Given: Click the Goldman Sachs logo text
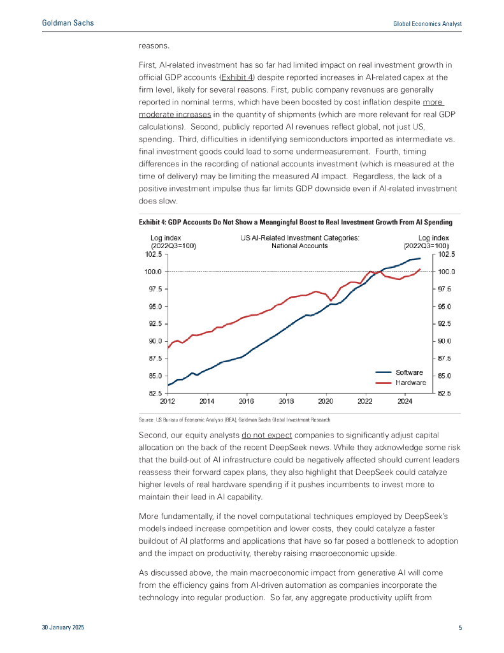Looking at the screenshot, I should [x=68, y=23].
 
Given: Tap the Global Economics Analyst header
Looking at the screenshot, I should [x=426, y=24].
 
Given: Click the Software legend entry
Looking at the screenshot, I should [x=410, y=372].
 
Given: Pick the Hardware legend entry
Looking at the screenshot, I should [x=411, y=383].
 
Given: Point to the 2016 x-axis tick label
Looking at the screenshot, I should [x=247, y=402].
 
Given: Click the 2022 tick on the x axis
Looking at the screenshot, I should [x=365, y=402].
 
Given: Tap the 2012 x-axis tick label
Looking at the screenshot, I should [x=168, y=402].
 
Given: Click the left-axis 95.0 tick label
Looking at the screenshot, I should [x=153, y=306].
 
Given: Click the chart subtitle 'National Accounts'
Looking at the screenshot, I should [x=299, y=246].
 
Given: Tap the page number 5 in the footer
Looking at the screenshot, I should [x=460, y=628].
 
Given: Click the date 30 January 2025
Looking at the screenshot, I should [x=63, y=628].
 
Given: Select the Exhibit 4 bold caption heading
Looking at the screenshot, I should [x=295, y=223].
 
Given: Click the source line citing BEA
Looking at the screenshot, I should [x=235, y=420].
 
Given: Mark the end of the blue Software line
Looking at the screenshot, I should [x=421, y=258].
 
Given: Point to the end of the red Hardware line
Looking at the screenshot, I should [x=421, y=270].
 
